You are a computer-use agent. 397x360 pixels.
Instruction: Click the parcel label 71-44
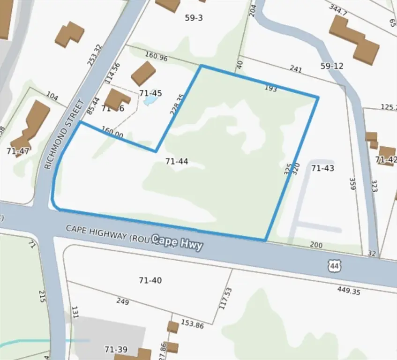click(x=177, y=161)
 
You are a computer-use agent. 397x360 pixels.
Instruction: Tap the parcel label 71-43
click(x=322, y=168)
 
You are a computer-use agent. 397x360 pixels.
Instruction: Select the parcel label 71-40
click(x=150, y=280)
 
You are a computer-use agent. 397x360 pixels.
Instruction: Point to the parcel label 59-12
click(x=332, y=66)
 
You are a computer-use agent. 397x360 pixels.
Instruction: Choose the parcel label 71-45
click(x=150, y=93)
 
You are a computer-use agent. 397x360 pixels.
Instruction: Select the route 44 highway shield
click(x=334, y=266)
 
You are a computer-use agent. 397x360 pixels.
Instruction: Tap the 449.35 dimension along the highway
click(x=349, y=291)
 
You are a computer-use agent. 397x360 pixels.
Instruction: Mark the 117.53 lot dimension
click(x=225, y=298)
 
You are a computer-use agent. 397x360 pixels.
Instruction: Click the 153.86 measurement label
click(x=192, y=324)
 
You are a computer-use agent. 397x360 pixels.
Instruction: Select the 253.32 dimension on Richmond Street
click(x=94, y=55)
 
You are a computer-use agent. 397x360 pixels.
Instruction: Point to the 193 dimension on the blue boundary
click(x=271, y=88)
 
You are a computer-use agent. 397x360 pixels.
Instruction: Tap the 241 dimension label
click(x=296, y=69)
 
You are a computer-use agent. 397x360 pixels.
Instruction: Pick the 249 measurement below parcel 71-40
click(x=122, y=301)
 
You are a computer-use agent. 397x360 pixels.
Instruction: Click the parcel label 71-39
click(x=115, y=349)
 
